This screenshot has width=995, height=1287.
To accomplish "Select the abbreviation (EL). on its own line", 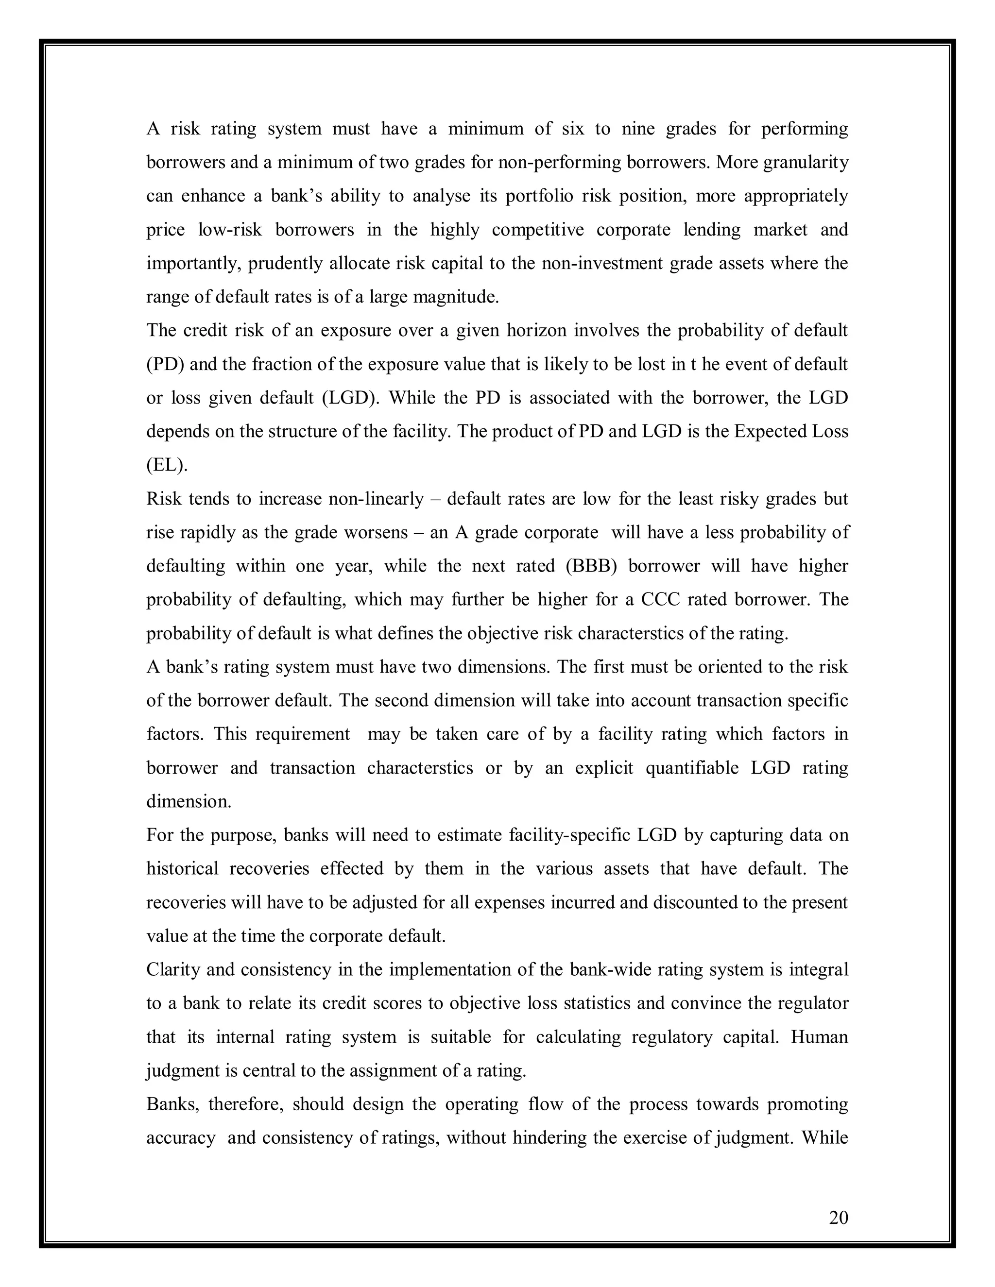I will [x=167, y=466].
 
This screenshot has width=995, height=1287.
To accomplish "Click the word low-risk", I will [x=230, y=230].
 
